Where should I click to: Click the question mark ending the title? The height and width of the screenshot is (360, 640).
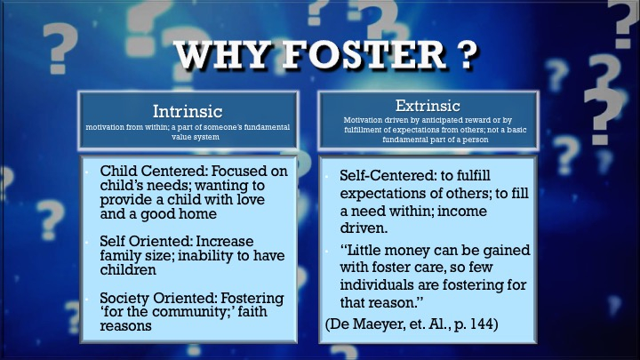coord(466,54)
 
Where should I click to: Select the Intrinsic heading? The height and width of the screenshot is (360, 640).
coord(188,111)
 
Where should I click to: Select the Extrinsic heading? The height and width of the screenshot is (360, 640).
coord(428,106)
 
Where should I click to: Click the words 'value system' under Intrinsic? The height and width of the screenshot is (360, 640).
coord(196,137)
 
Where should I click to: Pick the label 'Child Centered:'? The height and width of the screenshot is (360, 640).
coord(153,171)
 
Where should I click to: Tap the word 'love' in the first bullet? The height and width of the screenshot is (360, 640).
coord(250,200)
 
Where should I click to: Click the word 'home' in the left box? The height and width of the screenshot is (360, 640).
coord(200,214)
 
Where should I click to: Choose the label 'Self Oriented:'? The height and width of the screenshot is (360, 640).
coord(146,241)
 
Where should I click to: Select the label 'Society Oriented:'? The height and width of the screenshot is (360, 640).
coord(157,298)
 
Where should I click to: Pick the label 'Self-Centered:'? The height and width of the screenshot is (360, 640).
coord(388,175)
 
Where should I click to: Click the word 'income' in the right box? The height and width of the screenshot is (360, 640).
coord(463,211)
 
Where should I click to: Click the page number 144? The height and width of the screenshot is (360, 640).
coord(480,324)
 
